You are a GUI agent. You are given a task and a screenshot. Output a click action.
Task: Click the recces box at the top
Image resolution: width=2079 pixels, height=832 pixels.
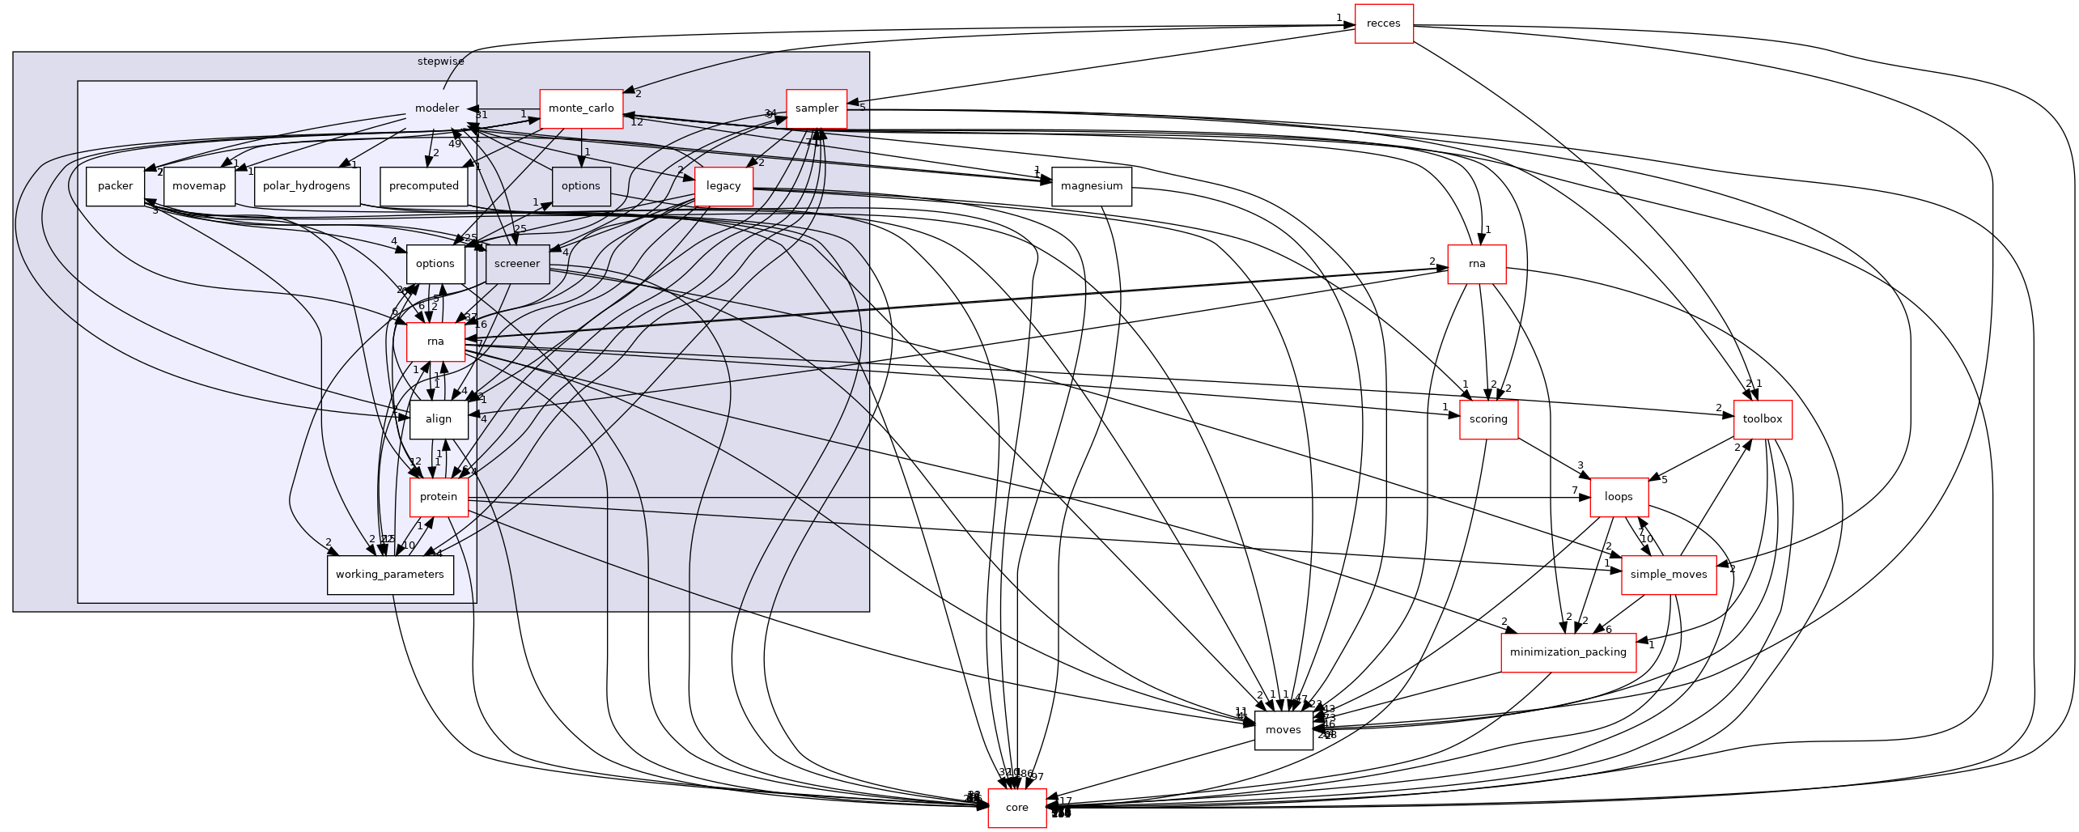[1383, 23]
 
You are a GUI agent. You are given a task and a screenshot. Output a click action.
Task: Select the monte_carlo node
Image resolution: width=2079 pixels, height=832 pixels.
[581, 108]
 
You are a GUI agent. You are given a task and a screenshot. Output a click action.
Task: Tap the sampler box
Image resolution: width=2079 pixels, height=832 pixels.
[817, 108]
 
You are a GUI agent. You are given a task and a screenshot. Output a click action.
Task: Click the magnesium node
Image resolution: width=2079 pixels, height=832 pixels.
[1091, 186]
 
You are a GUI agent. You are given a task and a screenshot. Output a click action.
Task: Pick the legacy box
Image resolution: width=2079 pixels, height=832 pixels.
[723, 186]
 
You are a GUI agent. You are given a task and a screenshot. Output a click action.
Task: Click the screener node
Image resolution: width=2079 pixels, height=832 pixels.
[517, 264]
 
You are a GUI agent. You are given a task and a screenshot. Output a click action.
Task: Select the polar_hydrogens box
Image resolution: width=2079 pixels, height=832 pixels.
[307, 186]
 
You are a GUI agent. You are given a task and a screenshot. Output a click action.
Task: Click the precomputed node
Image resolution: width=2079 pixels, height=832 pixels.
[424, 186]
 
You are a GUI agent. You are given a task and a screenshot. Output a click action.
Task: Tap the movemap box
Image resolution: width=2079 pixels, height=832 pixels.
[199, 186]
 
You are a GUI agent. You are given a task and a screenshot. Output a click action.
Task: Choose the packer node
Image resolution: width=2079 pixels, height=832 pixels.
[115, 186]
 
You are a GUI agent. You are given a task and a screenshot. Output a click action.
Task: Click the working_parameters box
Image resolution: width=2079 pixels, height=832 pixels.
[390, 575]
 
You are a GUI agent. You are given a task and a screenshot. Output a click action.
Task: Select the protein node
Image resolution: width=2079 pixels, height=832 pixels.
[439, 497]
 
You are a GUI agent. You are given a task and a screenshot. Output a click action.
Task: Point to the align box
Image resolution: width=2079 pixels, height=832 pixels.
[439, 419]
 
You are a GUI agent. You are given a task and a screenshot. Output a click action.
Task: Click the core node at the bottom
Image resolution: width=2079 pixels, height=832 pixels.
[1016, 808]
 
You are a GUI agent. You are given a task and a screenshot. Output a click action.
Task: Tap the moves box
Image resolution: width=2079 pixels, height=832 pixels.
[1283, 730]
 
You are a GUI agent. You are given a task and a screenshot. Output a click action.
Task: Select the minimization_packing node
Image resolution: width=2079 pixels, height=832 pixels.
[1568, 652]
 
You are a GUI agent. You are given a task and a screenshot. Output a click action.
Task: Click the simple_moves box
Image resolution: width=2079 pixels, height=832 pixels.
[1668, 575]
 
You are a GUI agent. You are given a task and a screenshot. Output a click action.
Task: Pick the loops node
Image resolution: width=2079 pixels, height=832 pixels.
[1619, 497]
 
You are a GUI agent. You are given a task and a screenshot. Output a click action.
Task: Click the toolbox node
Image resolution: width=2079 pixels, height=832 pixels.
[1762, 419]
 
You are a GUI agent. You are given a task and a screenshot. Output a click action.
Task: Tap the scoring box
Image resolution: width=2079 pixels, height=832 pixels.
[1488, 419]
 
